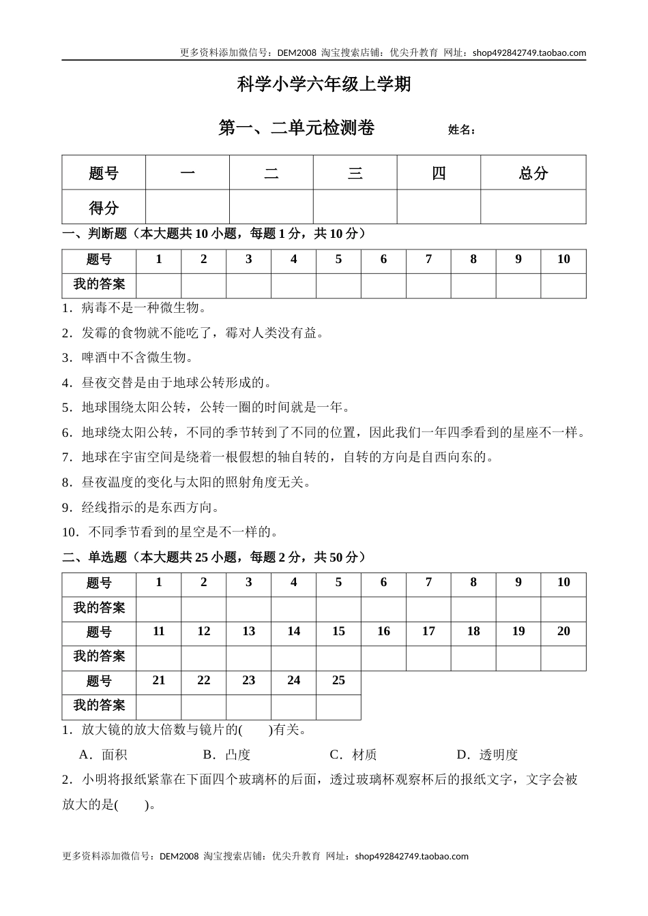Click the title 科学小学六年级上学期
[324, 84]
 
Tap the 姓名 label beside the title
[461, 129]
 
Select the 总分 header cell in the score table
[533, 173]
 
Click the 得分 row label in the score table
[104, 207]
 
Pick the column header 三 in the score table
[355, 173]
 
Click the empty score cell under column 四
[439, 207]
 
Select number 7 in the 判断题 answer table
[428, 259]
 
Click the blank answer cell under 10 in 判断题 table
[563, 286]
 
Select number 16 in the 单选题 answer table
[383, 631]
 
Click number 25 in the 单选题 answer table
[338, 680]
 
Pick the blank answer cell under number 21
[159, 706]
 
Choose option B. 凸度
[227, 754]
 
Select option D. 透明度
[487, 754]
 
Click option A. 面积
[104, 754]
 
